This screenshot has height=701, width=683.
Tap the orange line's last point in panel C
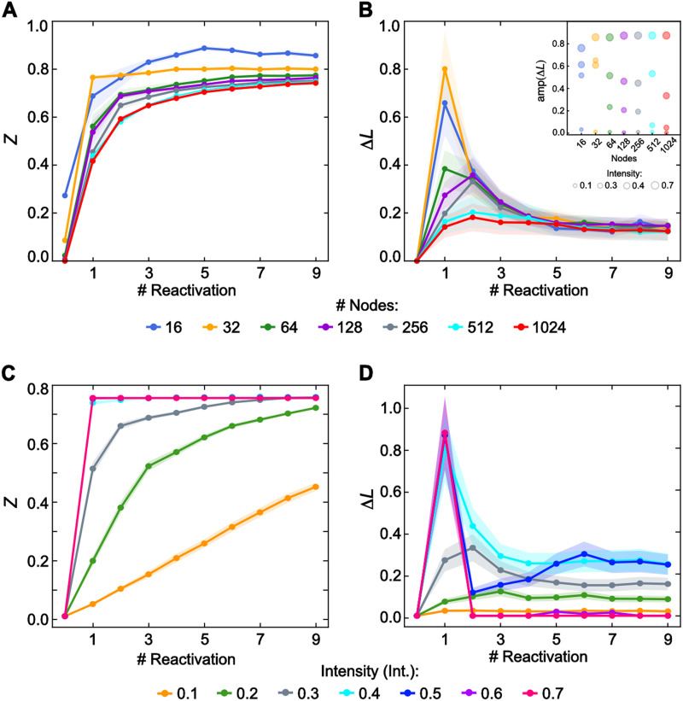pyautogui.click(x=317, y=487)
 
